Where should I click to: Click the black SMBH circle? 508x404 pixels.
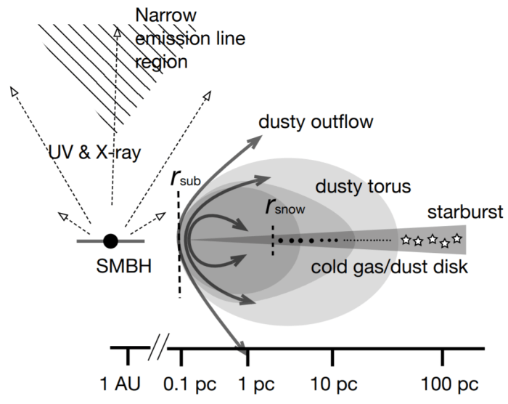point(110,240)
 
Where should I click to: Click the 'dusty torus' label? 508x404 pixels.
point(363,186)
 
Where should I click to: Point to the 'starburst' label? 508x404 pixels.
point(455,212)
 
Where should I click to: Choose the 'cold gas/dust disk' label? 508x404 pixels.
point(388,267)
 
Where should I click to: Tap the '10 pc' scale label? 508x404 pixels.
point(333,382)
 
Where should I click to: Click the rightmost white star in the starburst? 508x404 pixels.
point(456,238)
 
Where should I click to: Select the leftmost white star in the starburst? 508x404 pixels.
point(406,240)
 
